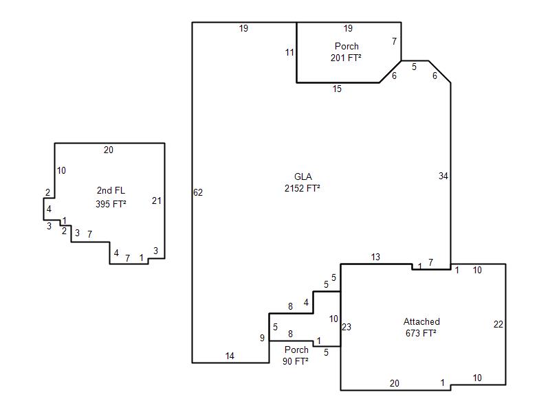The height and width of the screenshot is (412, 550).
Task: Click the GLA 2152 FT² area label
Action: (x=302, y=183)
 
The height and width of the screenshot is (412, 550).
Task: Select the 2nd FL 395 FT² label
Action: (x=111, y=197)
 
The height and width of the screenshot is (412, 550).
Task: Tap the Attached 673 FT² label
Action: (x=421, y=328)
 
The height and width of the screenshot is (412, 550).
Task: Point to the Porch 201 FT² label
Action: (x=346, y=52)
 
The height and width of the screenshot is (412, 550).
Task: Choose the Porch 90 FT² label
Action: (x=296, y=355)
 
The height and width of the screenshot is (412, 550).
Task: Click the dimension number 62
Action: (x=198, y=192)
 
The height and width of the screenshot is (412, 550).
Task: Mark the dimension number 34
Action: (x=443, y=176)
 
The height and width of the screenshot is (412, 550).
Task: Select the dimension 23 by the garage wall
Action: (x=346, y=327)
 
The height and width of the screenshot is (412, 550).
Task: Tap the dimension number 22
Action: (x=498, y=324)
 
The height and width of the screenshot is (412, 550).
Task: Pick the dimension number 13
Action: (x=375, y=257)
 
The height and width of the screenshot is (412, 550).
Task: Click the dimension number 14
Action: (x=230, y=356)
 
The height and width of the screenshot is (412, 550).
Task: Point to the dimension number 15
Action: (x=337, y=89)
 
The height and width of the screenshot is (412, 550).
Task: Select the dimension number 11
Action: (x=289, y=53)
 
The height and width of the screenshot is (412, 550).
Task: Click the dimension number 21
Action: (x=157, y=201)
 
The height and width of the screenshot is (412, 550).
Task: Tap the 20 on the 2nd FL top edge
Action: (x=109, y=150)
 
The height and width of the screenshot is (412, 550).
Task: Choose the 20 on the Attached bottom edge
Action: (x=395, y=383)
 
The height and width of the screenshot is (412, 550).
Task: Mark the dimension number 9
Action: (x=262, y=338)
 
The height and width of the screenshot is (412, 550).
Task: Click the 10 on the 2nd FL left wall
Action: (x=61, y=170)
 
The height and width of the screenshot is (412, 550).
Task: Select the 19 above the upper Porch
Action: (x=348, y=28)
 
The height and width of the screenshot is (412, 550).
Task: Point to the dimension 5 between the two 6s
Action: (x=415, y=67)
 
